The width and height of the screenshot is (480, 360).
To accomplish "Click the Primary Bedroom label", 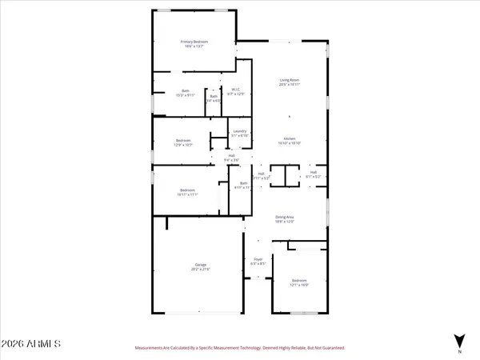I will pyautogui.click(x=194, y=42).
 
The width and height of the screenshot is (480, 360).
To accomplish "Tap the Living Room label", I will pyautogui.click(x=289, y=80).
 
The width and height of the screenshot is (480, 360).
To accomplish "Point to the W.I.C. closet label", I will pyautogui.click(x=236, y=90).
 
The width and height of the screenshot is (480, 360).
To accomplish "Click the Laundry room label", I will pyautogui.click(x=239, y=131).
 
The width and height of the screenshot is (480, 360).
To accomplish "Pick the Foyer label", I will pyautogui.click(x=258, y=258).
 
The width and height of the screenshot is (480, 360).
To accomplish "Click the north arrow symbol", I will pyautogui.click(x=459, y=339).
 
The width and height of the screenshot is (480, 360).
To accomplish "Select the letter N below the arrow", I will pyautogui.click(x=459, y=352).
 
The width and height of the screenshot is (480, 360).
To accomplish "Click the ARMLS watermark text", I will pyautogui.click(x=32, y=344).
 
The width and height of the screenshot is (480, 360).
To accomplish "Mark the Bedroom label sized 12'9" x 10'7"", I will pyautogui.click(x=183, y=141).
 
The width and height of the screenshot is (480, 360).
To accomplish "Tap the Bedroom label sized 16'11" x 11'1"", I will pyautogui.click(x=189, y=190).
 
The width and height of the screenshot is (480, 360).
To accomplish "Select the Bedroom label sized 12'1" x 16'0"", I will pyautogui.click(x=299, y=281).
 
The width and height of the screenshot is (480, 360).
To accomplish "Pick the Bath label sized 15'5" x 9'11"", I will pyautogui.click(x=186, y=90).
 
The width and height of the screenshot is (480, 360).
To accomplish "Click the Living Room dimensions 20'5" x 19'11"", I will pyautogui.click(x=289, y=85).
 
